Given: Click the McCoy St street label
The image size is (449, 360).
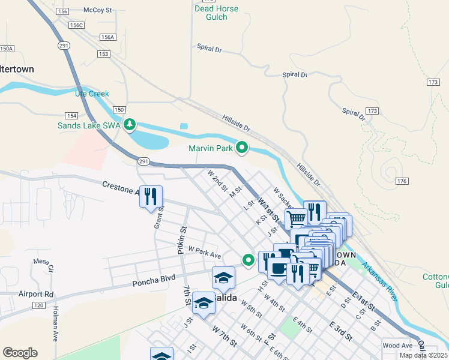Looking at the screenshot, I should click(97, 10).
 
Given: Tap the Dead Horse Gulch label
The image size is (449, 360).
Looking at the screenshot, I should click(217, 13).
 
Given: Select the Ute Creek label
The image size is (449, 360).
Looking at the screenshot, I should click(92, 94).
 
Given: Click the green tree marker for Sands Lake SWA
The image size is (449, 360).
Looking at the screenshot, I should click(129, 125).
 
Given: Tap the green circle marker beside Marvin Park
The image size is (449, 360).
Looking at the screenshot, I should click(242, 147).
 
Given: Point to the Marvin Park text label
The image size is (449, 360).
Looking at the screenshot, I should click(210, 148).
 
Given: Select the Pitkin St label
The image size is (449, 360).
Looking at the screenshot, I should click(182, 239).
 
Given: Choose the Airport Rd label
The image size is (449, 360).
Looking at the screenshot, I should click(35, 294).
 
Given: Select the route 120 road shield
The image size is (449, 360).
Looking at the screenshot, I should click(38, 305).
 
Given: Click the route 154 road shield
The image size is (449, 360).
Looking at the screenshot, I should click(71, 115).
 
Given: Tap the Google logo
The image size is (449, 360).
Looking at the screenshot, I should click(20, 353).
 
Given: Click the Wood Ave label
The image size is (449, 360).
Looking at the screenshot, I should click(397, 346).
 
